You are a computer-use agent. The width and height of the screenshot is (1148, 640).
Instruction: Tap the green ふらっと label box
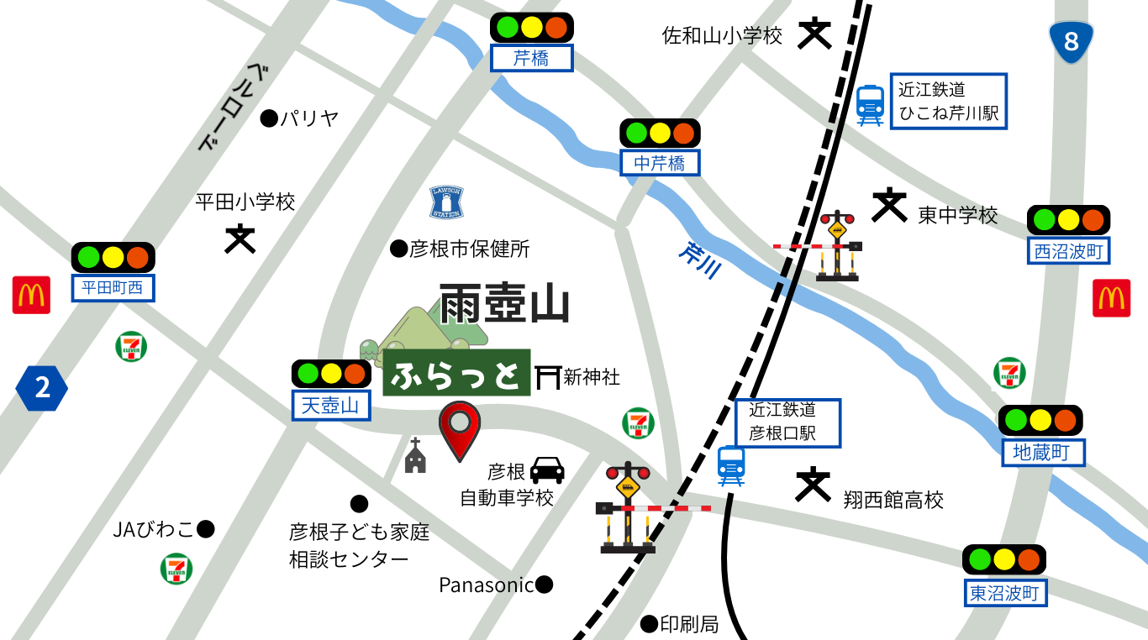(457, 373)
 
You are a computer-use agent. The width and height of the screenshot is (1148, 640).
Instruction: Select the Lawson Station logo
(446, 202)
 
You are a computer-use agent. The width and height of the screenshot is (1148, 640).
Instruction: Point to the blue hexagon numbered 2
(41, 388)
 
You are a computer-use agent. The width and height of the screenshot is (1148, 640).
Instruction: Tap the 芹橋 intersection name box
(531, 58)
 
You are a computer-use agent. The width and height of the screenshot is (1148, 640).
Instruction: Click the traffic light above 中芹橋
(660, 133)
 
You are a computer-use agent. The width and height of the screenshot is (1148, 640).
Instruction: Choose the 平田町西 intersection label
(113, 289)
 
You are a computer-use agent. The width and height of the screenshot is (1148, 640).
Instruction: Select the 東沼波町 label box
(1005, 593)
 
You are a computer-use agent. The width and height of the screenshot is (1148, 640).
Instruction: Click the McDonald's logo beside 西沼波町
(1111, 298)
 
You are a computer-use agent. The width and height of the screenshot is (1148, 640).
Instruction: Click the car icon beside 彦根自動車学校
(547, 470)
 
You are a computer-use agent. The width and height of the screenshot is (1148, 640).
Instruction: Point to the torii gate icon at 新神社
(547, 377)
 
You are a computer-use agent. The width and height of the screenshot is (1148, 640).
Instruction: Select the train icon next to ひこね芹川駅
(870, 106)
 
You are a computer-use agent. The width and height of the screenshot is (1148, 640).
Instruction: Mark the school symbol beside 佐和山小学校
(814, 34)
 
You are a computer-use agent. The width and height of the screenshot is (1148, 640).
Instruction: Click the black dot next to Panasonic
(545, 584)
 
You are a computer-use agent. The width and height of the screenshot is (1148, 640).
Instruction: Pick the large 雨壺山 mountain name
(504, 303)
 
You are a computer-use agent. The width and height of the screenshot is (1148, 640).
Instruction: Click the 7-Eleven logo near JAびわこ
(176, 569)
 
